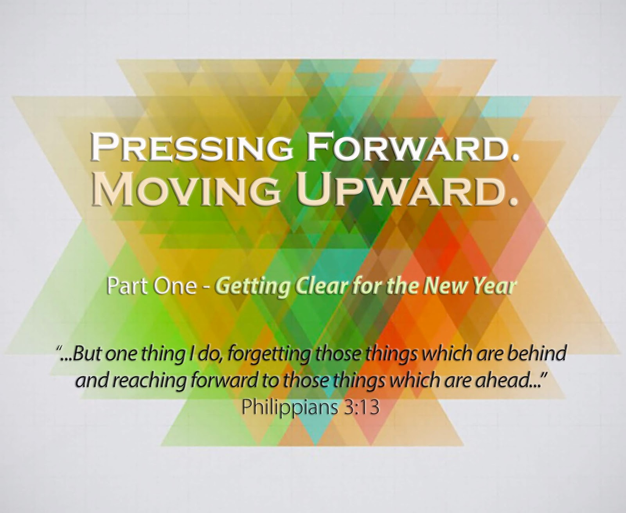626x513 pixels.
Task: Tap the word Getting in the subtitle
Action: click(x=253, y=288)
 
